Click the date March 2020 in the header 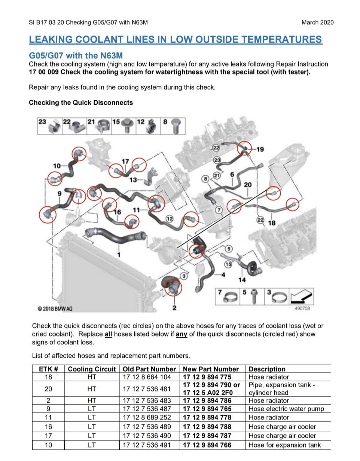(x=317, y=22)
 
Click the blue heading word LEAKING (x=50, y=40)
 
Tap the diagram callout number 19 (x=260, y=149)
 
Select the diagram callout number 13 (x=133, y=180)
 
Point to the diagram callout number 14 (x=242, y=280)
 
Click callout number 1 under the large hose (x=119, y=255)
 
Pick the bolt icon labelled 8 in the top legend (x=176, y=126)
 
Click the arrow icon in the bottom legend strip (x=301, y=296)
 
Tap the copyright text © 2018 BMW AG (x=55, y=309)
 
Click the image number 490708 (x=302, y=308)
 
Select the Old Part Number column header (x=149, y=369)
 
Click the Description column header (x=267, y=369)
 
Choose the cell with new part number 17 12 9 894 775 (x=207, y=377)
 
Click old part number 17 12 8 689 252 (x=147, y=417)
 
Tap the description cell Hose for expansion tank (x=284, y=445)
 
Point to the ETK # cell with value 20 (x=48, y=389)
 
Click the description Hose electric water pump (x=286, y=409)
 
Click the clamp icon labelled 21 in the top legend (x=103, y=126)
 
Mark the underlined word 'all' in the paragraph (x=108, y=334)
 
